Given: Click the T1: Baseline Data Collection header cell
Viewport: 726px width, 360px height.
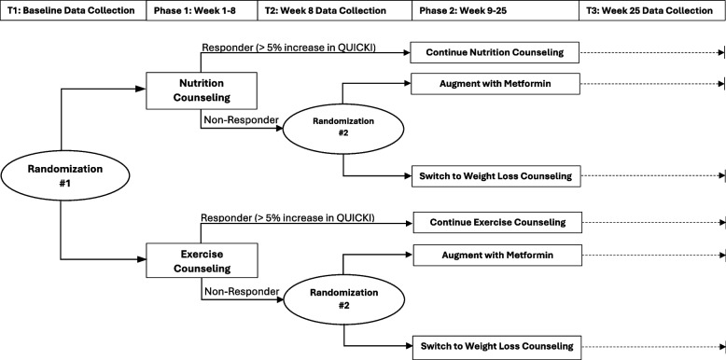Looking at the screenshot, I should tap(72, 11).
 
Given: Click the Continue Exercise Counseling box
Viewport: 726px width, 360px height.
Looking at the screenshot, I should tap(496, 222).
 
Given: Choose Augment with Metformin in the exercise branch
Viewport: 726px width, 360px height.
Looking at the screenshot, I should tap(496, 255).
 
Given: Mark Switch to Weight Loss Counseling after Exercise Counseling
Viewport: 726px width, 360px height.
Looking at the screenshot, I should tap(496, 343).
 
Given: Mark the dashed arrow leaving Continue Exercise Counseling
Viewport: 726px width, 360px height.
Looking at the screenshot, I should tap(652, 222).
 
